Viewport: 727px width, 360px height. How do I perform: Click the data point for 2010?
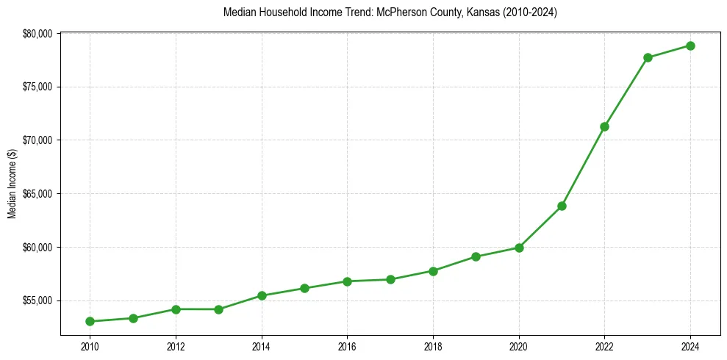[x=90, y=321]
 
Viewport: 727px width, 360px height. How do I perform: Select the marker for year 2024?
[x=691, y=46]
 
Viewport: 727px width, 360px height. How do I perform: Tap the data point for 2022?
[x=605, y=126]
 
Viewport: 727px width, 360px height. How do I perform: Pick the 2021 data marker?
[x=562, y=206]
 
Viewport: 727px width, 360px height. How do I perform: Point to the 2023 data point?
[x=648, y=57]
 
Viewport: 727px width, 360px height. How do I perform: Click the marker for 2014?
[x=262, y=295]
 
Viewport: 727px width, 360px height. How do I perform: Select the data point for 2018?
[x=433, y=271]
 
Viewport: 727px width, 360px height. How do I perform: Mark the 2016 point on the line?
[x=348, y=281]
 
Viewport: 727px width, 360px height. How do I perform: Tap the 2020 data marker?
[x=519, y=248]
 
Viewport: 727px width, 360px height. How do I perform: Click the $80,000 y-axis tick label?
[x=37, y=34]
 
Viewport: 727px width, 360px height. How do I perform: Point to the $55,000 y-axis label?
[x=37, y=300]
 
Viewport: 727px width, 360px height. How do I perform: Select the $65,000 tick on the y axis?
[x=37, y=194]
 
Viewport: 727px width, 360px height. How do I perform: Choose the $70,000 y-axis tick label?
[x=37, y=140]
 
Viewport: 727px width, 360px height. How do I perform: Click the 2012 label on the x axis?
[x=176, y=346]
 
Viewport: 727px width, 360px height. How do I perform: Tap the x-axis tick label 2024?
[x=691, y=346]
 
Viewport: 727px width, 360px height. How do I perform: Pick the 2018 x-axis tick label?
[x=433, y=346]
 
